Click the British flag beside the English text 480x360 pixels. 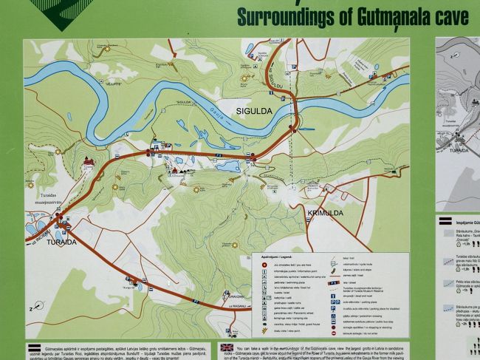[226, 347]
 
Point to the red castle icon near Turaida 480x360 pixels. [89, 160]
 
